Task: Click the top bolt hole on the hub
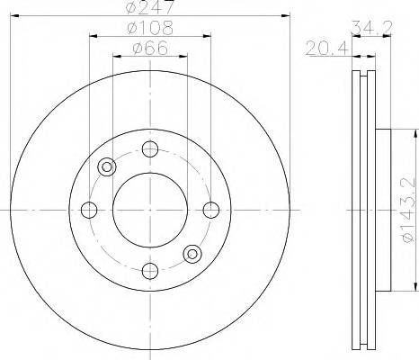click(x=150, y=149)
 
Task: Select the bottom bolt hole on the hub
click(x=150, y=270)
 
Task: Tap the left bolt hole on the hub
click(x=89, y=210)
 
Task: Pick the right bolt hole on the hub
click(x=211, y=210)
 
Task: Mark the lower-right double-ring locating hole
click(x=192, y=254)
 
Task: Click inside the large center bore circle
click(x=150, y=210)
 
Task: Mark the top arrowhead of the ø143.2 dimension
click(x=415, y=134)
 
